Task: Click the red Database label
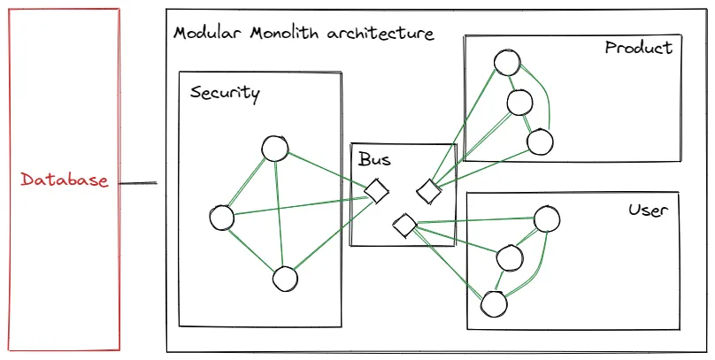point(65,180)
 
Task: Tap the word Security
point(225,93)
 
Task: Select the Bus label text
point(374,160)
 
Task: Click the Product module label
point(638,48)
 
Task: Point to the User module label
point(648,211)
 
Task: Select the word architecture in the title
point(381,34)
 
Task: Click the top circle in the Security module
point(274,149)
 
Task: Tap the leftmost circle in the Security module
point(222,217)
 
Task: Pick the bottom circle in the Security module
point(284,280)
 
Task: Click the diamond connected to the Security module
point(377,190)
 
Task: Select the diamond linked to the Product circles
point(429,190)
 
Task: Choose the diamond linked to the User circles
point(404,226)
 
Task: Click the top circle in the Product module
point(507,62)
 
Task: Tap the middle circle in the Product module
point(519,103)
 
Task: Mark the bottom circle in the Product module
point(539,141)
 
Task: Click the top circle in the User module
point(547,218)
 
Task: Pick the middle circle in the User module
point(510,257)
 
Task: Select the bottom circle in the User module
point(494,303)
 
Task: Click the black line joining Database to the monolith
point(138,184)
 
